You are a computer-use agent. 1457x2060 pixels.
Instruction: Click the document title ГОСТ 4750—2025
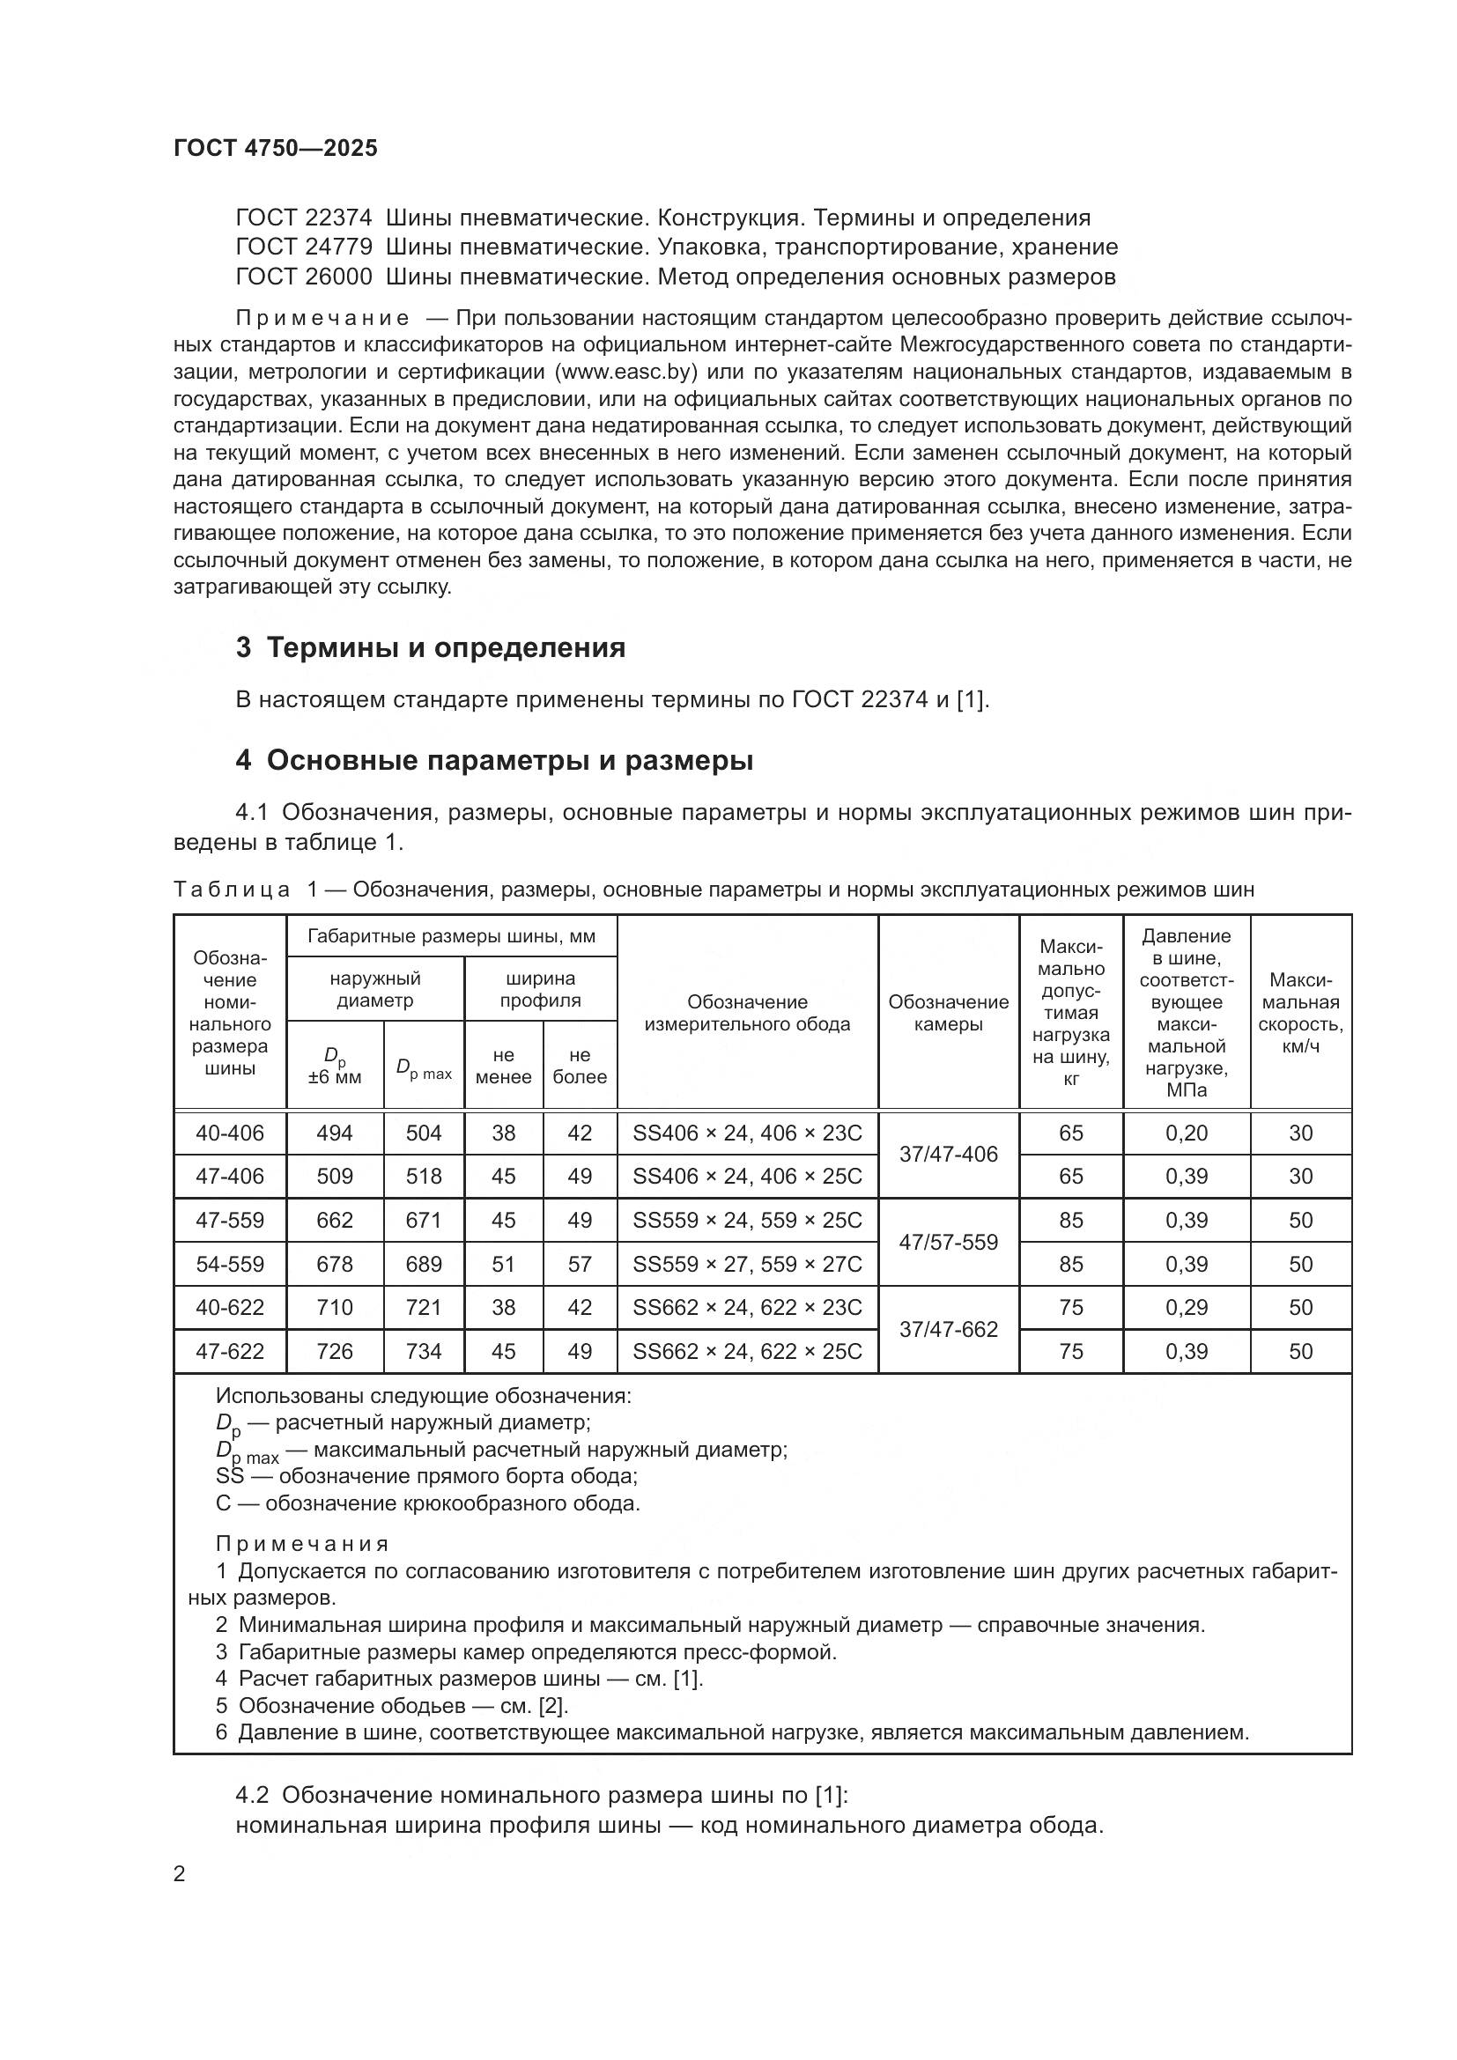276,149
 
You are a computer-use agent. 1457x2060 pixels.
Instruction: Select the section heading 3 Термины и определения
430,648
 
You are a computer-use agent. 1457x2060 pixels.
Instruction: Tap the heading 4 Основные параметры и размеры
494,761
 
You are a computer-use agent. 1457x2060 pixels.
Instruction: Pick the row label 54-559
230,1264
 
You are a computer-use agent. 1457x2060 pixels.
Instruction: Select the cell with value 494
335,1133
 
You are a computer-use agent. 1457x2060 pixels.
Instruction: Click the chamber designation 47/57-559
949,1243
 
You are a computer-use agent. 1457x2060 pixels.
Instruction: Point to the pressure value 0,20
1186,1133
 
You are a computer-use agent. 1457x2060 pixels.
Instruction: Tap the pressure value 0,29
1186,1307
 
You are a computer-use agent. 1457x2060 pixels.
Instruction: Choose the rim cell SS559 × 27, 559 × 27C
747,1264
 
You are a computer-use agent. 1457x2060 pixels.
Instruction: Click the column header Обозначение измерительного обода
747,1013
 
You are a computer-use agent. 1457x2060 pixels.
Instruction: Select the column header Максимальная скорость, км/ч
1300,1013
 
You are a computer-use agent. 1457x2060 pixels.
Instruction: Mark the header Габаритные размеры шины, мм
451,937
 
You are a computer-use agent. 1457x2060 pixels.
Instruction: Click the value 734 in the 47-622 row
424,1351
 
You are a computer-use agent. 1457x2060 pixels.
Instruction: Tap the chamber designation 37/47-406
949,1155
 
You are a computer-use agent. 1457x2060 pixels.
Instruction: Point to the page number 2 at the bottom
180,1874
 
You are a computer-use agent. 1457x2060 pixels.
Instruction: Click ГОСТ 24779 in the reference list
303,247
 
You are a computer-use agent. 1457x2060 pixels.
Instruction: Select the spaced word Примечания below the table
302,1544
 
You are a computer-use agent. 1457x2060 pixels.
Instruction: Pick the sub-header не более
580,1066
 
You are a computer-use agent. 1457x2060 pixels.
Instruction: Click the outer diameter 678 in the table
335,1264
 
